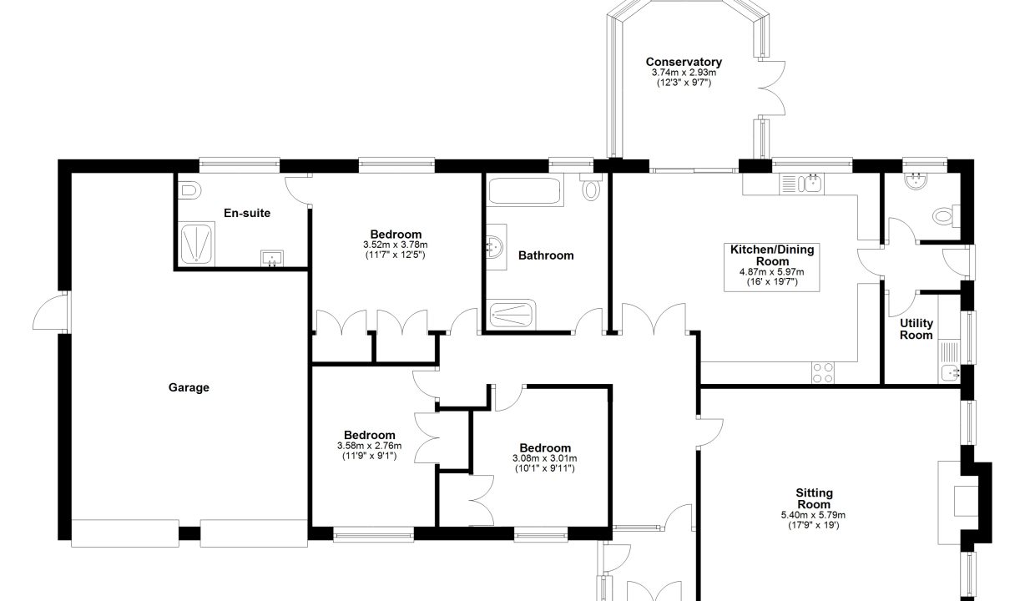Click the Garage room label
point(189,387)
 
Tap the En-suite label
point(247,213)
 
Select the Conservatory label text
point(684,62)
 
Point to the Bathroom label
point(546,255)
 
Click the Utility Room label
point(916,329)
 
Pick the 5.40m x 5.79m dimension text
point(813,515)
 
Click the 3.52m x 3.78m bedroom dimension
point(395,245)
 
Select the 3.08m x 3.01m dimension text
point(545,458)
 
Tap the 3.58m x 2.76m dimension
point(369,446)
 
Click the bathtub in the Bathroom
point(525,190)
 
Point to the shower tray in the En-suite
point(197,245)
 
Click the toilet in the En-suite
point(189,190)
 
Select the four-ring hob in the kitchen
point(823,373)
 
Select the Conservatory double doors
point(770,88)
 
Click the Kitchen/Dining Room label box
point(771,267)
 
